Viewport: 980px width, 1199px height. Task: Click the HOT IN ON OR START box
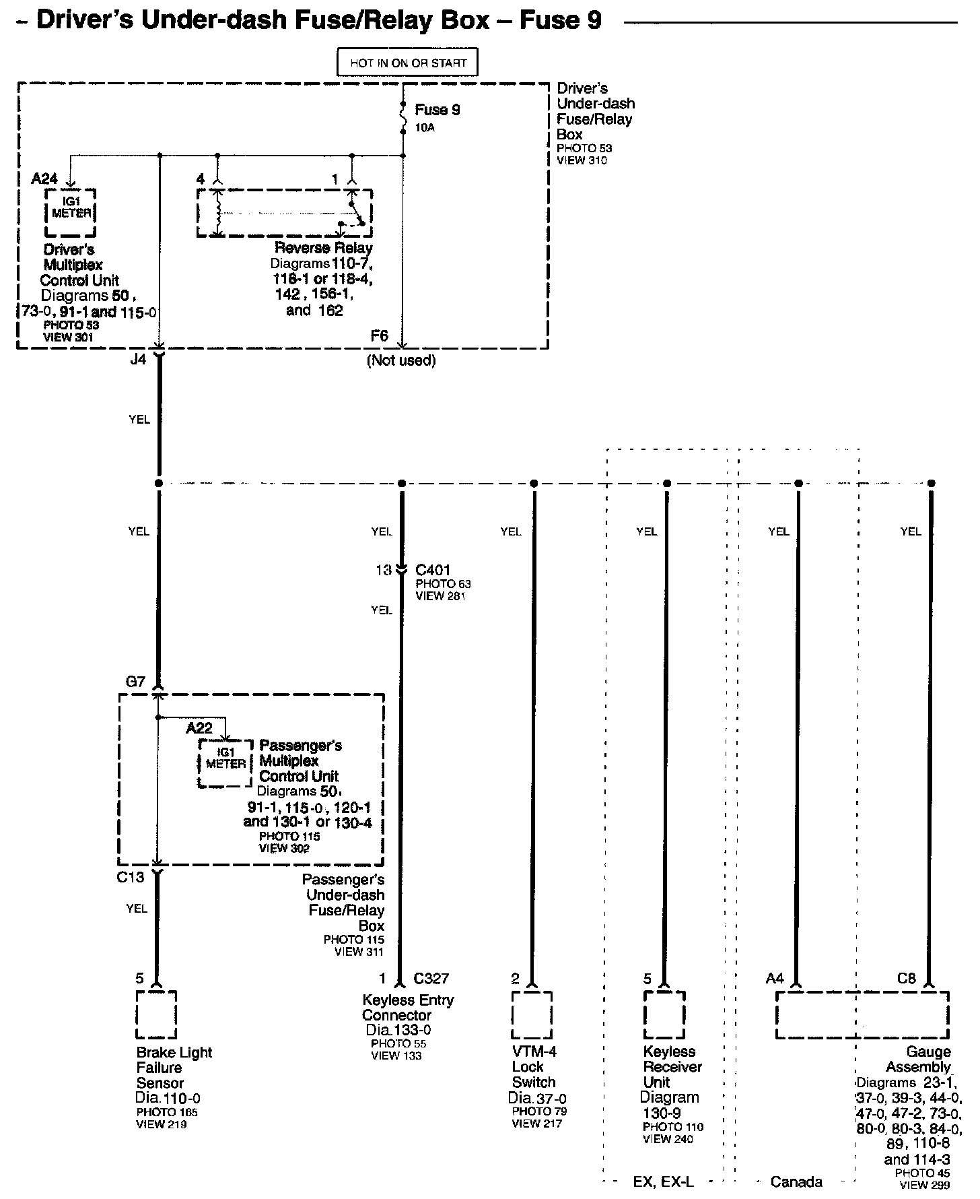click(x=408, y=63)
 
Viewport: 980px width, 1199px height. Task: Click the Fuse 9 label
click(x=437, y=110)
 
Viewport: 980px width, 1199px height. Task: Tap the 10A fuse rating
click(x=425, y=127)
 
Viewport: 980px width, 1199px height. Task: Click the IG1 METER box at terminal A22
click(x=225, y=763)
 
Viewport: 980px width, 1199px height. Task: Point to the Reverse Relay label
click(x=323, y=248)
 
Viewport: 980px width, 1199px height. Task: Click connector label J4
click(x=137, y=360)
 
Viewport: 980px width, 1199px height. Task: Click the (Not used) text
click(x=401, y=360)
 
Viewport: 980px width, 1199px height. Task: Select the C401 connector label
click(x=433, y=570)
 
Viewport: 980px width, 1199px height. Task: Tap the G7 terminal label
click(x=135, y=682)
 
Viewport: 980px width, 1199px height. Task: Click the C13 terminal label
click(x=131, y=877)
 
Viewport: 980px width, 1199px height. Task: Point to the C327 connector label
click(x=431, y=979)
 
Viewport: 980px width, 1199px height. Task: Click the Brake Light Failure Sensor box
click(x=156, y=1014)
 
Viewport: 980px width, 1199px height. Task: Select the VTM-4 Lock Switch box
click(x=532, y=1014)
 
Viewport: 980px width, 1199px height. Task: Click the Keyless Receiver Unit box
click(x=664, y=1014)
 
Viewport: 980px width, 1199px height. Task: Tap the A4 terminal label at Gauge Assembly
click(x=775, y=979)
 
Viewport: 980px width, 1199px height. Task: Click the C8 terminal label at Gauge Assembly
click(x=907, y=979)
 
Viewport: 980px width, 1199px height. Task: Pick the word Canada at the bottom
click(x=796, y=1181)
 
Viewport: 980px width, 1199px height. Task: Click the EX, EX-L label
click(x=664, y=1181)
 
